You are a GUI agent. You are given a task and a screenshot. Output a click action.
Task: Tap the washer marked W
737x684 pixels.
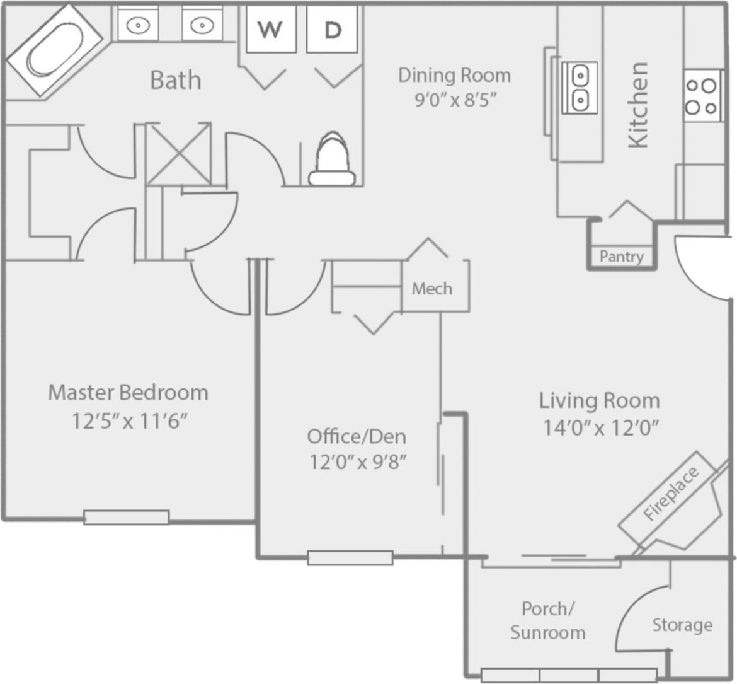tap(270, 29)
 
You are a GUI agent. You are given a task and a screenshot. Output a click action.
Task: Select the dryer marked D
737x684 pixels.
tap(332, 29)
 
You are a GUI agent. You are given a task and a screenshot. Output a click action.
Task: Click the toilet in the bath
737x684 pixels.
tap(331, 159)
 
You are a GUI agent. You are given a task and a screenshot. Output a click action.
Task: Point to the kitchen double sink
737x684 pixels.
tap(579, 87)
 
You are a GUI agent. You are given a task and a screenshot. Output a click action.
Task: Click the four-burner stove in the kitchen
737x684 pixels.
tap(702, 96)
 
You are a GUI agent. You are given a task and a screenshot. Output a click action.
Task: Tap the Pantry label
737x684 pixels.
tap(621, 257)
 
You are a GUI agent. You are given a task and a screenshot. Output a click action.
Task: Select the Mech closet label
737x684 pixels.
tap(432, 289)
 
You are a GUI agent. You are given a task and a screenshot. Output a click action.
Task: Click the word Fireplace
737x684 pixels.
tap(671, 494)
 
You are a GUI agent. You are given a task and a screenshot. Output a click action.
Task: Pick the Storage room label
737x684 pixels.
tap(682, 625)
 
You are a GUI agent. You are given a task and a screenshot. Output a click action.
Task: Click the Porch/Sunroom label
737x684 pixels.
tap(547, 620)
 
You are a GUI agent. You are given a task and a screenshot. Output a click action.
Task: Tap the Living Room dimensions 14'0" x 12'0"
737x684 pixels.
tap(600, 428)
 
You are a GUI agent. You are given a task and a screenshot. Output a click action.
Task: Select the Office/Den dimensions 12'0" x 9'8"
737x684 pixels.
tap(357, 463)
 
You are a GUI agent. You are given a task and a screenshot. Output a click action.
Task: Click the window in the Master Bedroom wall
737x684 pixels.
tap(127, 517)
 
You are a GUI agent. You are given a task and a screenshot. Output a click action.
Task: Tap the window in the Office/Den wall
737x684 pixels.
tap(350, 557)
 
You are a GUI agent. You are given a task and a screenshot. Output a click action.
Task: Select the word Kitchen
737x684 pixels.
tap(637, 105)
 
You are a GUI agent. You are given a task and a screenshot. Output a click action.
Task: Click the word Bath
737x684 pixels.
tap(176, 80)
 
